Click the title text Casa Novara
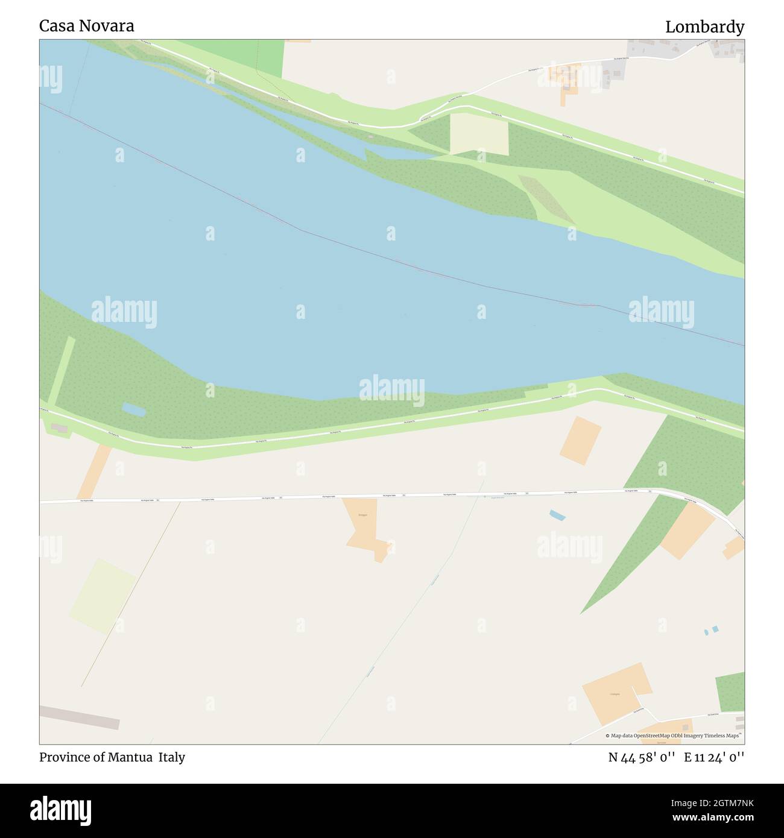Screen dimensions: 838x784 87,26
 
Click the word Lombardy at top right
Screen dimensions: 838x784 704,27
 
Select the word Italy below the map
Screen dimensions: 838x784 172,757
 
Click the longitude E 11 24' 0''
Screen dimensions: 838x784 714,757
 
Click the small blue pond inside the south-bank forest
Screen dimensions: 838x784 134,410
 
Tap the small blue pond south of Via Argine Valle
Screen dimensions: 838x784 558,515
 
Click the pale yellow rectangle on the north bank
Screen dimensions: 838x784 479,134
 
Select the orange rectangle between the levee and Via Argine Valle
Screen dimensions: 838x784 580,441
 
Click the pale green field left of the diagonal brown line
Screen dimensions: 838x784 103,596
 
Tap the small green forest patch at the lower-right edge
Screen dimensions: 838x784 730,692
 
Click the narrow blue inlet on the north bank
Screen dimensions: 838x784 398,153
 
